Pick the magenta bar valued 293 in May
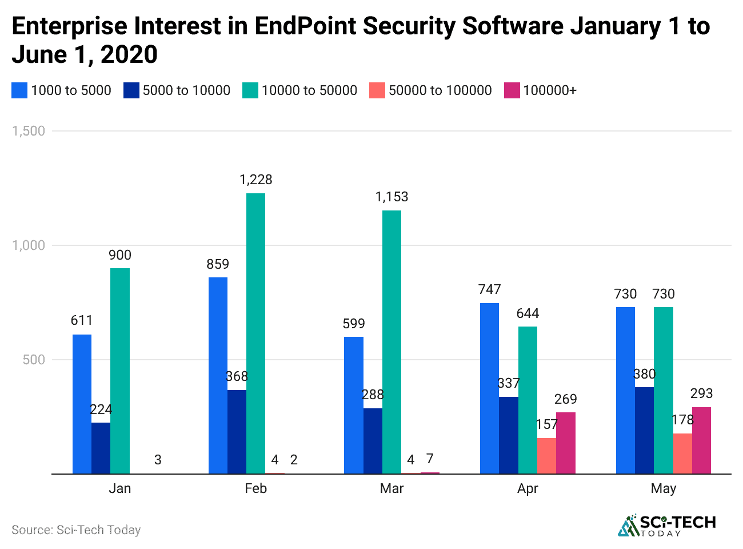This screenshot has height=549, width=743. [x=701, y=440]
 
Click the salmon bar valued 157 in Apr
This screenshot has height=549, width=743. [x=546, y=456]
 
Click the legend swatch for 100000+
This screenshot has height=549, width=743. [x=512, y=90]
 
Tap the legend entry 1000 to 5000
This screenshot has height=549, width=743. [x=71, y=90]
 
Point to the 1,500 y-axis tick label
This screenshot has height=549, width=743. [x=29, y=131]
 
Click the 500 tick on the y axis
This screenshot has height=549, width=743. [x=34, y=360]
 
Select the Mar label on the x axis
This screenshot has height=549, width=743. [x=392, y=488]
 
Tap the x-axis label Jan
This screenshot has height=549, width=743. [x=120, y=488]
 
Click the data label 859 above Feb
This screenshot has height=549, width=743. [x=218, y=264]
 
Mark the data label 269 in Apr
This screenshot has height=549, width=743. [x=565, y=399]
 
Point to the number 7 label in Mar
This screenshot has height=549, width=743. [x=430, y=459]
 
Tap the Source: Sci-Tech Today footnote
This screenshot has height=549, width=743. [x=76, y=530]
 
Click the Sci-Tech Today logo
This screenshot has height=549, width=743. [x=666, y=525]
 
